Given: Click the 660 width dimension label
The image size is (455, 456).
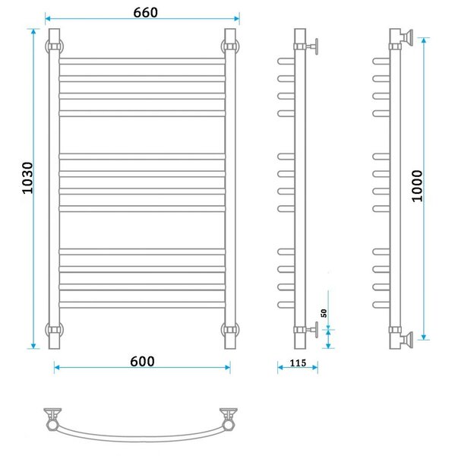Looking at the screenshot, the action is tap(145, 12).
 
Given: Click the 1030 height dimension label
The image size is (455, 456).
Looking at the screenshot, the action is tap(28, 178).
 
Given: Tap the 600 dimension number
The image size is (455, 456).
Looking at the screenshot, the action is tap(142, 362).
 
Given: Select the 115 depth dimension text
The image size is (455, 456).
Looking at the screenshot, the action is tap(298, 363).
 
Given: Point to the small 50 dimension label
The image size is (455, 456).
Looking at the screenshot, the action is tap(324, 313).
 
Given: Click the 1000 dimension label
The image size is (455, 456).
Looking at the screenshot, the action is tap(417, 186).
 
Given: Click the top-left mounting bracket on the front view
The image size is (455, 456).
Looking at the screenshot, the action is tap(55, 46).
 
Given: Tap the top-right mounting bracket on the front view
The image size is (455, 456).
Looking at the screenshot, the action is tap(230, 46).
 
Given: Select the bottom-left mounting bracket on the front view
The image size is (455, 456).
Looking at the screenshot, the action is tap(55, 330).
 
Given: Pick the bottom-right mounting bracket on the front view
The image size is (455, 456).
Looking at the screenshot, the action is tap(230, 330).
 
